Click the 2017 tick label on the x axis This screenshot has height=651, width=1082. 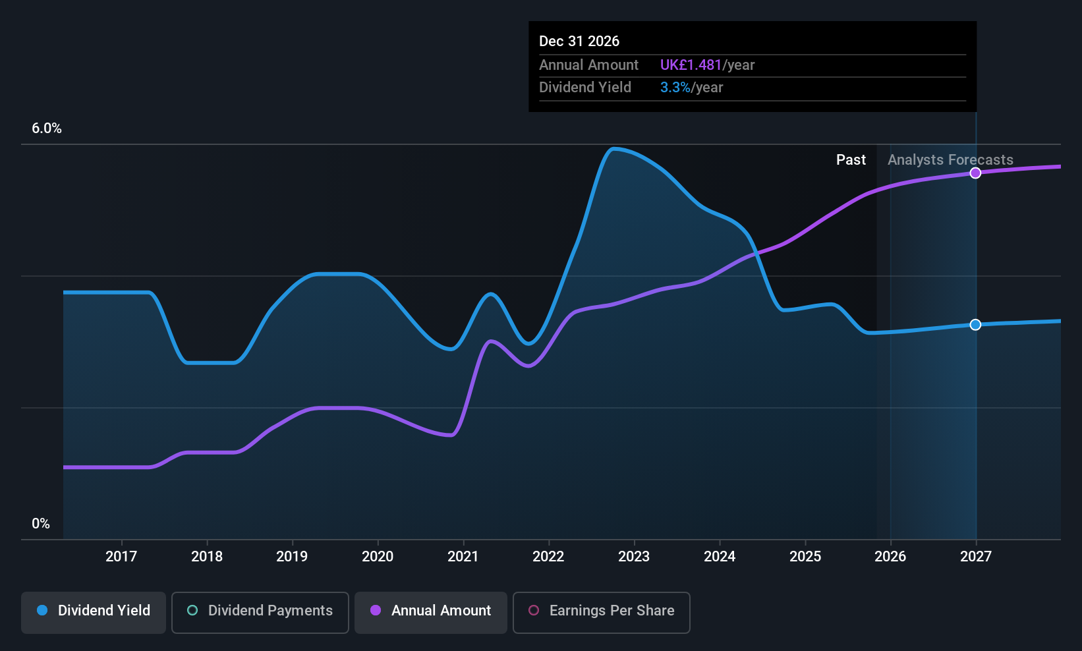click(121, 557)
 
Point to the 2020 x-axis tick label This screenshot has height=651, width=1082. click(378, 557)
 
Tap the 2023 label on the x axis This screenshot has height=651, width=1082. click(634, 557)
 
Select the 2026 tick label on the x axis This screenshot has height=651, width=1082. click(890, 557)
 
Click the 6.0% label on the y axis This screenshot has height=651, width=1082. click(46, 128)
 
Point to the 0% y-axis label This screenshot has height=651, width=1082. click(41, 524)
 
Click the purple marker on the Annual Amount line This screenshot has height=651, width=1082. click(976, 173)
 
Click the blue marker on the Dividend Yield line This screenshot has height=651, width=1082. click(976, 325)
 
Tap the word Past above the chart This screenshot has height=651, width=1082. click(851, 160)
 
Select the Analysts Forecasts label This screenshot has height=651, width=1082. click(950, 160)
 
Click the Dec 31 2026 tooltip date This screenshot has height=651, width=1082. click(579, 42)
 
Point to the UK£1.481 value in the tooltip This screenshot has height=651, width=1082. click(691, 65)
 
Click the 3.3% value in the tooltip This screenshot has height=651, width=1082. click(675, 88)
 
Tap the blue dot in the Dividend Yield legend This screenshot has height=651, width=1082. click(42, 611)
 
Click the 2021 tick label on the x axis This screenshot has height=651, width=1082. click(463, 557)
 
